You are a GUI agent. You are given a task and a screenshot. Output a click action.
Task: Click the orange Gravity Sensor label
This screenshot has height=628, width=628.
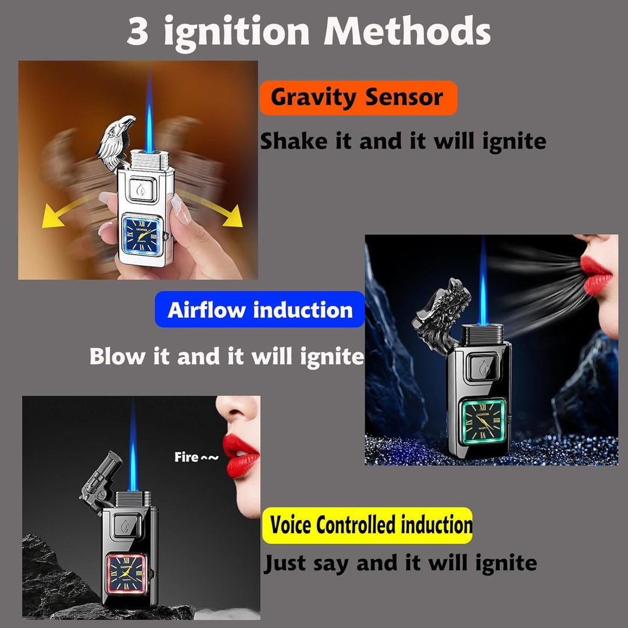(358, 98)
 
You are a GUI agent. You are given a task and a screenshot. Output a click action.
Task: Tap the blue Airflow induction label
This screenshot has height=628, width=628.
(260, 310)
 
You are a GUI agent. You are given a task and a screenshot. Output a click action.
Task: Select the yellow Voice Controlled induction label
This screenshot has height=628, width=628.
(367, 526)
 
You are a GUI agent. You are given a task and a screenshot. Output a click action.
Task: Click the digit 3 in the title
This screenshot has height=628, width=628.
(138, 32)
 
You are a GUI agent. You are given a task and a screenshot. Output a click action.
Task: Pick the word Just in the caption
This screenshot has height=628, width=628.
(286, 563)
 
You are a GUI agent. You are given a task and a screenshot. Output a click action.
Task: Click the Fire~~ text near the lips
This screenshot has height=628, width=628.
(197, 457)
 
